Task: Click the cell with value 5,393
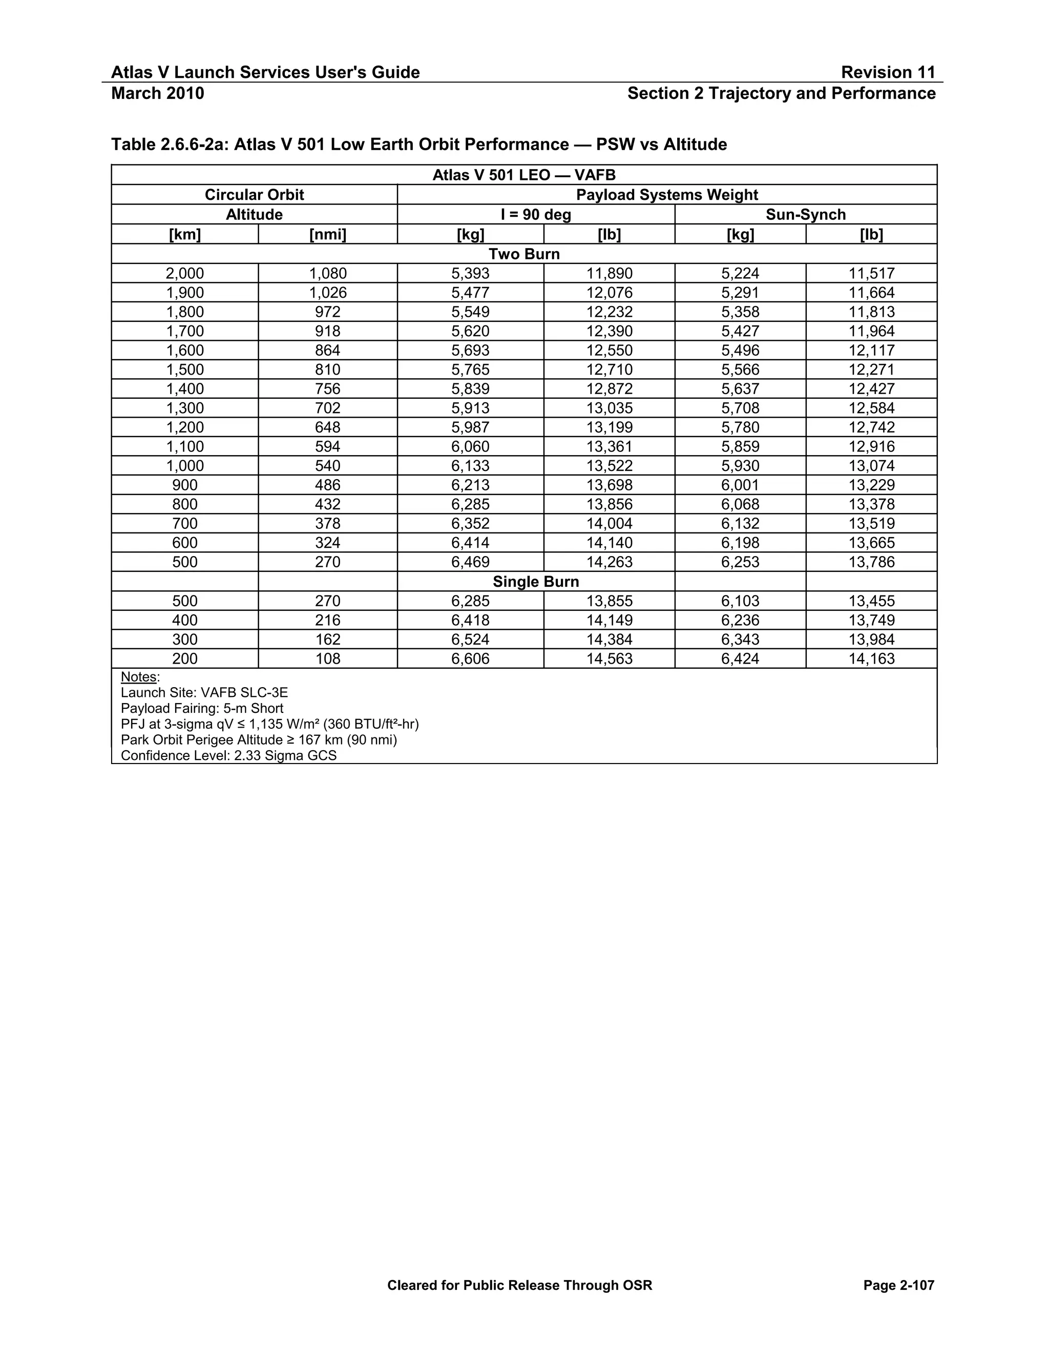click(x=470, y=274)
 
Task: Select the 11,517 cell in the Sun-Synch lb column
click(x=871, y=274)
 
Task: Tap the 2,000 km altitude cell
click(x=184, y=274)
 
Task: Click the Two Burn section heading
click(x=524, y=254)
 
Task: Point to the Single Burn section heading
click(x=536, y=582)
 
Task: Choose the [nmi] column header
click(x=327, y=234)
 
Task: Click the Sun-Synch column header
click(x=805, y=215)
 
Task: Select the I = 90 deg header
click(x=536, y=215)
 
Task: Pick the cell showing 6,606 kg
click(x=470, y=659)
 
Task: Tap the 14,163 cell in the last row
click(x=871, y=659)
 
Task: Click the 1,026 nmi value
click(x=327, y=293)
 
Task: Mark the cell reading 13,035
click(x=609, y=408)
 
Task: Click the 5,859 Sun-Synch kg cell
click(x=740, y=447)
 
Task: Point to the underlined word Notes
click(x=139, y=676)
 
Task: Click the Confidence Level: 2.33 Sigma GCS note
click(x=228, y=755)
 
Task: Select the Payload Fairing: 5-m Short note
click(x=202, y=708)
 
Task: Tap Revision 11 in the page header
click(x=888, y=73)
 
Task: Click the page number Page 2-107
click(x=898, y=1285)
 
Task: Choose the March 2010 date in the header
click(x=157, y=93)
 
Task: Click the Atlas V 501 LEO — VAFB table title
click(x=524, y=175)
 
